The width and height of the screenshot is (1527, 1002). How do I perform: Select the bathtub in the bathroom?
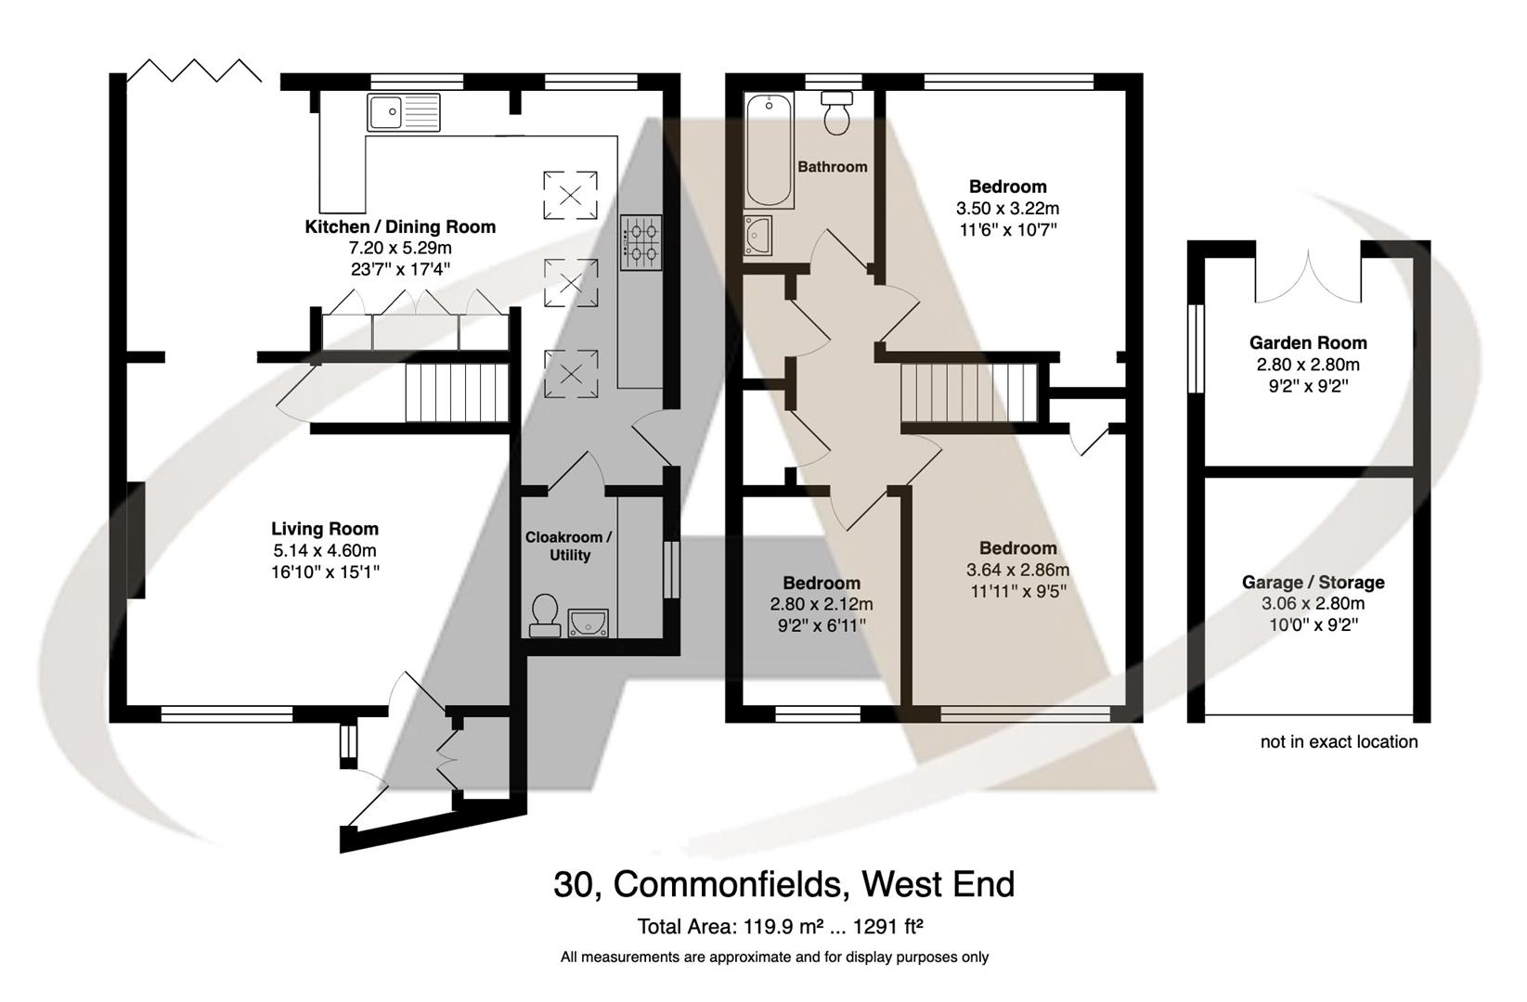pyautogui.click(x=769, y=151)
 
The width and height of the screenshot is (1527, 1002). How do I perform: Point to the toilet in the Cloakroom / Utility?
pyautogui.click(x=544, y=615)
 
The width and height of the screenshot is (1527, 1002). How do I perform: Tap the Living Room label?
pyautogui.click(x=325, y=529)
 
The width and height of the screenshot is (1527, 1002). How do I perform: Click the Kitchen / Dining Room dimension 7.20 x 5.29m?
pyautogui.click(x=400, y=249)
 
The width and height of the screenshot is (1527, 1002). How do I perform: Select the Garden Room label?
pyautogui.click(x=1308, y=343)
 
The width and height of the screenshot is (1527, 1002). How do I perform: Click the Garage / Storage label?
pyautogui.click(x=1313, y=583)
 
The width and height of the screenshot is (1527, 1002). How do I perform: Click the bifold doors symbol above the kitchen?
pyautogui.click(x=194, y=71)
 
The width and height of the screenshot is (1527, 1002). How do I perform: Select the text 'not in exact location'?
pyautogui.click(x=1339, y=741)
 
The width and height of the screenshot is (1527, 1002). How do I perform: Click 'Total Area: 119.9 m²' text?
pyautogui.click(x=713, y=926)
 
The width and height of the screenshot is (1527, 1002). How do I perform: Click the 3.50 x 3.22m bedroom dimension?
pyautogui.click(x=1007, y=209)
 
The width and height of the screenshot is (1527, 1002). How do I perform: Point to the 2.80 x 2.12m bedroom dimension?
pyautogui.click(x=822, y=604)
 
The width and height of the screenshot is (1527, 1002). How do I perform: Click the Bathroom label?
pyautogui.click(x=833, y=167)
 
